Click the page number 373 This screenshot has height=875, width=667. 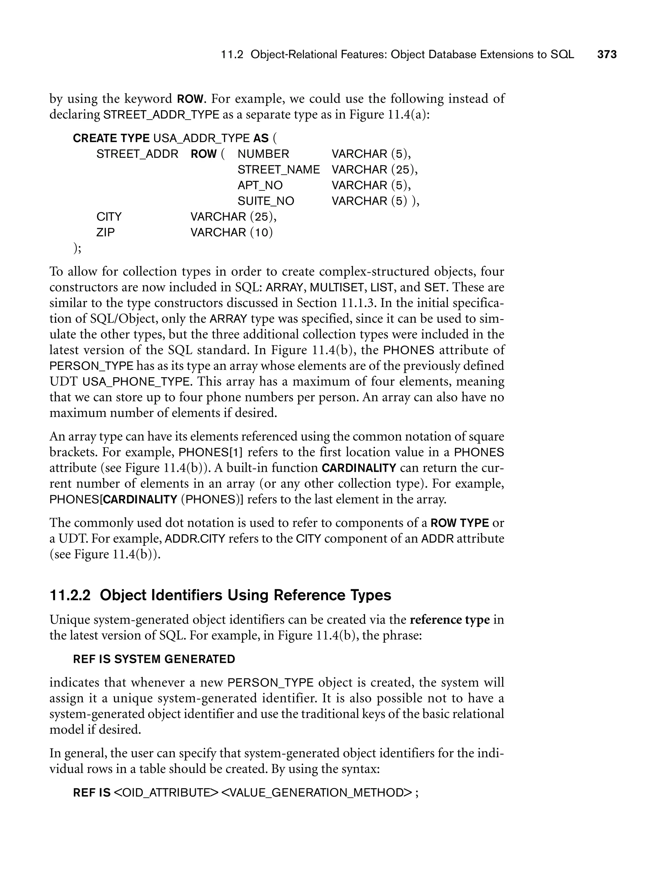607,54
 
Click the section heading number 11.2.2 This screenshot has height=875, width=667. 70,595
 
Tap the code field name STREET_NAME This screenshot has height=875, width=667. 278,170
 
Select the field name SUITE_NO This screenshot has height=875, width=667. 266,201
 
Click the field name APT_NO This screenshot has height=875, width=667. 260,185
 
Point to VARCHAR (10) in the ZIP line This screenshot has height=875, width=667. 232,232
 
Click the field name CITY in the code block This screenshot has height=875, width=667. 109,217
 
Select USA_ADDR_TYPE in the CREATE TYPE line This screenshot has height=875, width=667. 201,138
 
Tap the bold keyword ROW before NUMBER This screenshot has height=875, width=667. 204,154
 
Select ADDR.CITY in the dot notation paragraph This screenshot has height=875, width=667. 195,539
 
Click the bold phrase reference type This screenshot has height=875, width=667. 449,620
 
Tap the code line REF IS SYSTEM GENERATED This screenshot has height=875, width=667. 154,659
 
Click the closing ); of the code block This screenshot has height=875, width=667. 78,248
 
